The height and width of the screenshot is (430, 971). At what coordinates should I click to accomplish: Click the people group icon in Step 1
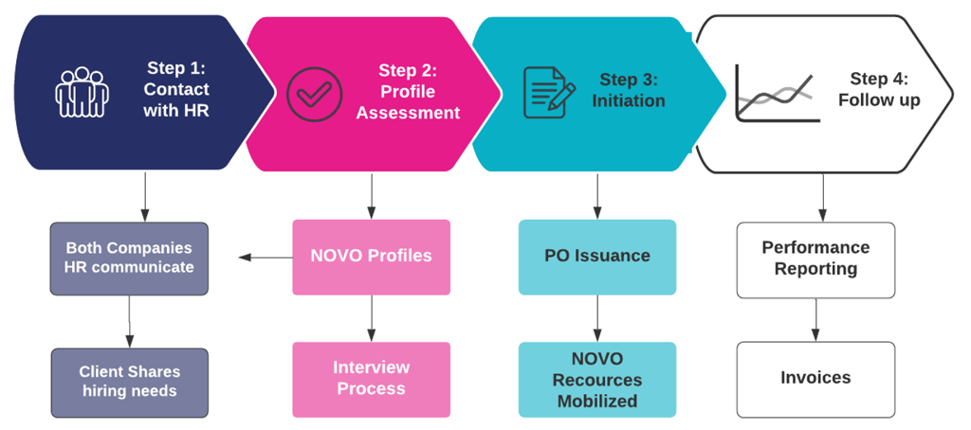click(x=82, y=93)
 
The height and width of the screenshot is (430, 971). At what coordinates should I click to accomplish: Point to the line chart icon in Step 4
click(x=776, y=93)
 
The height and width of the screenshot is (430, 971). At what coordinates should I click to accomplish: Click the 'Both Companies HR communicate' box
click(x=129, y=258)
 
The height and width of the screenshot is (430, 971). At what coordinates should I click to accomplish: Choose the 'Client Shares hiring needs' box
click(x=129, y=382)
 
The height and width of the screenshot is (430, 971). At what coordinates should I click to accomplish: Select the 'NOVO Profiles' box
click(x=371, y=257)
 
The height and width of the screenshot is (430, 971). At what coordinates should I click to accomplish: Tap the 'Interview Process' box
click(x=371, y=379)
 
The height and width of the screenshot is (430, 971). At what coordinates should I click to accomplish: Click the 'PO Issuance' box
click(x=596, y=257)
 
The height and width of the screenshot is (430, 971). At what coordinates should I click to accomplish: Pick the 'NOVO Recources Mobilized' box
click(x=596, y=379)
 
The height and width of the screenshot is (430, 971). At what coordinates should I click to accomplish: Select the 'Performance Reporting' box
click(x=815, y=258)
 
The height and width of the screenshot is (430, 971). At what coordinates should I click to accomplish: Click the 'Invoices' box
click(x=815, y=379)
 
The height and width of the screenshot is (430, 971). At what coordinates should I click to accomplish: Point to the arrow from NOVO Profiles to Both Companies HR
click(x=265, y=257)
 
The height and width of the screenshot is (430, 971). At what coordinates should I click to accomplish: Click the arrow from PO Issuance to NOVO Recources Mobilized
click(x=596, y=318)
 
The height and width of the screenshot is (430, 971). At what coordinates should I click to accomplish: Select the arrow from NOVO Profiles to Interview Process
click(x=371, y=318)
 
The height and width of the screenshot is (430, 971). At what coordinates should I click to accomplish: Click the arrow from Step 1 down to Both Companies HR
click(x=144, y=196)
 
